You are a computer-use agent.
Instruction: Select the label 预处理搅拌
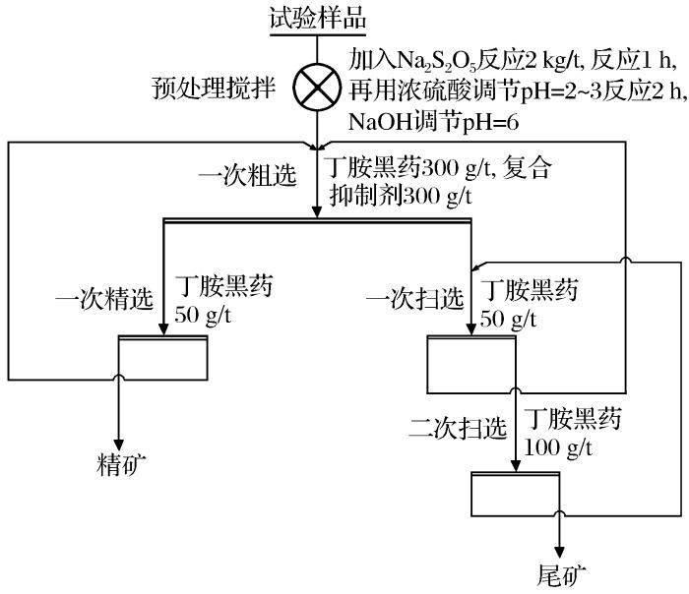tap(230, 91)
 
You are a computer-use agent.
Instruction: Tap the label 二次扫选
tap(460, 430)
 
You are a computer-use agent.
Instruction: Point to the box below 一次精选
tap(162, 360)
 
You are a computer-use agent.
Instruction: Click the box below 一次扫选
tap(470, 364)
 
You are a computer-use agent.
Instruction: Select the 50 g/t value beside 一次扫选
tap(507, 318)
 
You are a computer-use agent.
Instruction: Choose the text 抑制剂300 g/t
tap(402, 195)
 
